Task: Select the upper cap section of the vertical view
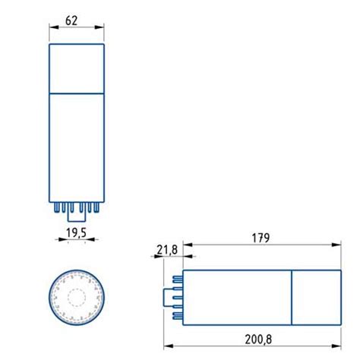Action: (x=76, y=68)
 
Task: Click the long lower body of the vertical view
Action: (x=76, y=147)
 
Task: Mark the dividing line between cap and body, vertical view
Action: (x=76, y=93)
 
